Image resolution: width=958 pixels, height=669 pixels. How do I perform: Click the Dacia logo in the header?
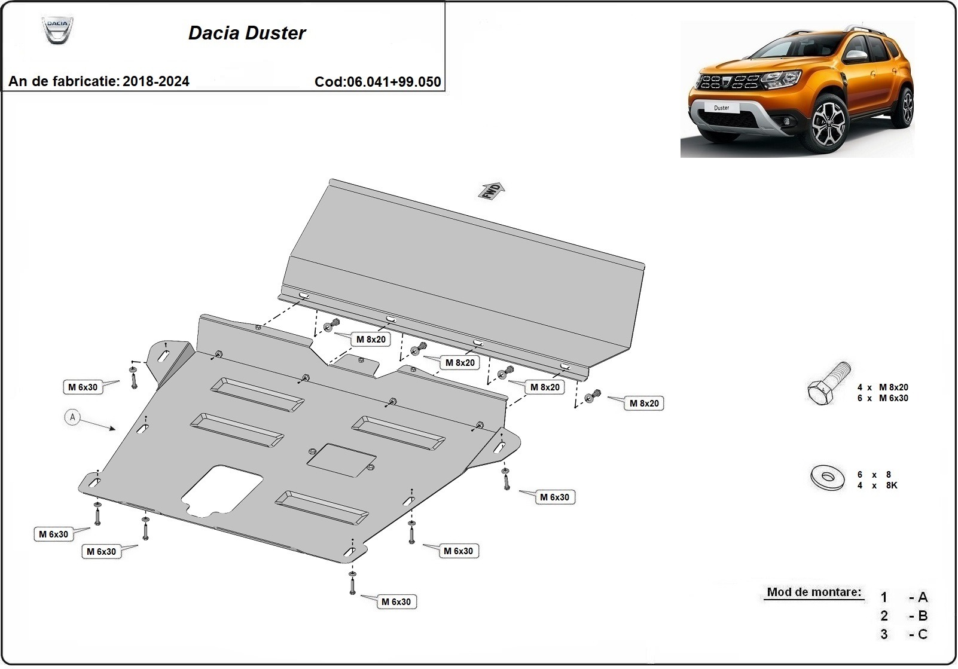point(57,30)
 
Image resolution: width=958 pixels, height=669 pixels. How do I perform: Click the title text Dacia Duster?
point(247,33)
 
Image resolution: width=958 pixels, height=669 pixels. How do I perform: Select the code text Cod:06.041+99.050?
point(377,82)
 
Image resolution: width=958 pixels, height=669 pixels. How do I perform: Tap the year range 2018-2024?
point(155,81)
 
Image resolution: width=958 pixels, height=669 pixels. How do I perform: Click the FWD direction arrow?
point(492,190)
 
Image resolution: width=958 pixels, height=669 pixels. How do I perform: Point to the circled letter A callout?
point(72,417)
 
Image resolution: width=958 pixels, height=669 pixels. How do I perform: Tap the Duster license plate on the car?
point(721,108)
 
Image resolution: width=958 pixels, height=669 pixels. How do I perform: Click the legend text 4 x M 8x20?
point(882,387)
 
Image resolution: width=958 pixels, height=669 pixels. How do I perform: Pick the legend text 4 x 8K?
point(877,485)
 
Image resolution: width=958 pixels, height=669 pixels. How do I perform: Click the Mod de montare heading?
point(814,592)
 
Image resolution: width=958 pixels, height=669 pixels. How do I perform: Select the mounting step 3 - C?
point(904,634)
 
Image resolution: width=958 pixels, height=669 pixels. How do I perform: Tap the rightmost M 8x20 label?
point(644,404)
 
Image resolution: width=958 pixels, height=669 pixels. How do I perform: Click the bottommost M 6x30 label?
point(396,602)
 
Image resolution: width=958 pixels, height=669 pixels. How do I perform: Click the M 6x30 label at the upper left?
point(83,387)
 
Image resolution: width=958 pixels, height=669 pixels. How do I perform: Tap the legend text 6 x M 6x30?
point(882,398)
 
